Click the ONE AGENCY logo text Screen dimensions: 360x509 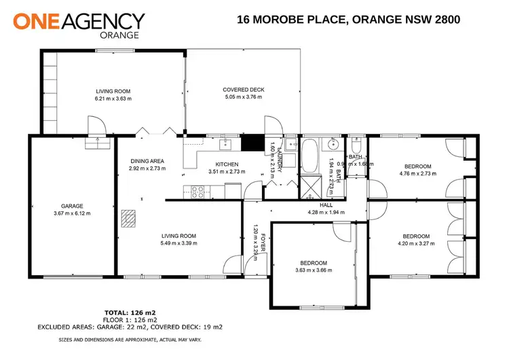pyautogui.click(x=79, y=21)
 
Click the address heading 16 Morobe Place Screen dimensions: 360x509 pyautogui.click(x=348, y=20)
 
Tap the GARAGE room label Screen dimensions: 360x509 pyautogui.click(x=71, y=206)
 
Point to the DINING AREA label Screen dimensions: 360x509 pyautogui.click(x=147, y=161)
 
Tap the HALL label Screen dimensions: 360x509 pyautogui.click(x=326, y=204)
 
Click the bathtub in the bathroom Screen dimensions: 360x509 pyautogui.click(x=311, y=156)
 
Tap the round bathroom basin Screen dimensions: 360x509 pyautogui.click(x=334, y=144)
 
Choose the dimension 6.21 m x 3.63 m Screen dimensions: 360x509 pyautogui.click(x=112, y=98)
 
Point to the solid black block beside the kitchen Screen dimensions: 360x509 pyautogui.click(x=251, y=143)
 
